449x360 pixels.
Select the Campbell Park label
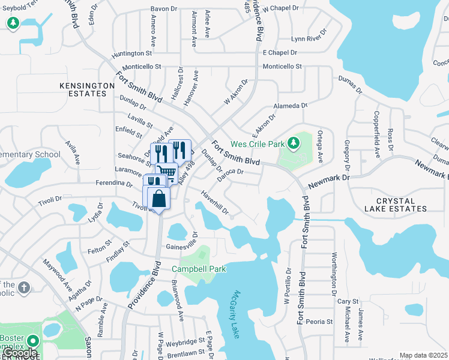pyautogui.click(x=199, y=269)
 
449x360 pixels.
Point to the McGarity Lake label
pyautogui.click(x=230, y=314)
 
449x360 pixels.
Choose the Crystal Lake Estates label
pyautogui.click(x=401, y=205)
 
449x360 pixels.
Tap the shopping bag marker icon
pyautogui.click(x=158, y=199)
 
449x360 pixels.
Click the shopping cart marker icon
pyautogui.click(x=167, y=173)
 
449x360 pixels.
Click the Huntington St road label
pyautogui.click(x=133, y=53)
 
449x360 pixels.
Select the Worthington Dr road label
pyautogui.click(x=334, y=272)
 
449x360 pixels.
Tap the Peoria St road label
pyautogui.click(x=319, y=322)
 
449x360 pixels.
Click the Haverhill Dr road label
pyautogui.click(x=214, y=202)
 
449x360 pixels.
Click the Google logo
pyautogui.click(x=19, y=353)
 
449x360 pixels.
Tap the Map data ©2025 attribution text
pyautogui.click(x=423, y=355)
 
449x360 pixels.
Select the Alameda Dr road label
pyautogui.click(x=291, y=106)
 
